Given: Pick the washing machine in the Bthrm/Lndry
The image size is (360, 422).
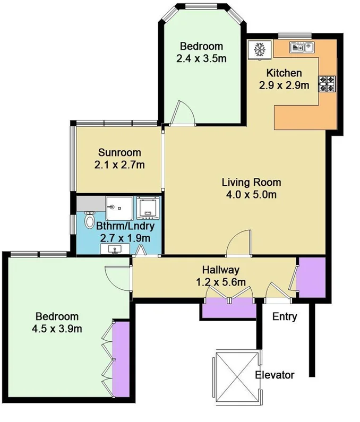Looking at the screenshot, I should coord(148,208).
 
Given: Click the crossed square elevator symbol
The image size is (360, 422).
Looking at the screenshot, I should coord(235,375).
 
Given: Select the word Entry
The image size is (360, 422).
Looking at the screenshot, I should coord(284,317).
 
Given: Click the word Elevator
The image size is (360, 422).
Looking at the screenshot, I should coord(275,375).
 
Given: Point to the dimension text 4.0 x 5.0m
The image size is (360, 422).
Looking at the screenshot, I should coord(251,194).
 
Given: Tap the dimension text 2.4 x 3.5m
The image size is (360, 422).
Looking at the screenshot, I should coord(201,58).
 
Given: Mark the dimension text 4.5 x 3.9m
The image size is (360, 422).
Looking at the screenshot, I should coord(57,329).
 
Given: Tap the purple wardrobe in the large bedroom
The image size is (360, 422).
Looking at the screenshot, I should coord(121,358).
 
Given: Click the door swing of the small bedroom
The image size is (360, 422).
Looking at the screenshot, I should coord(184,113).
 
